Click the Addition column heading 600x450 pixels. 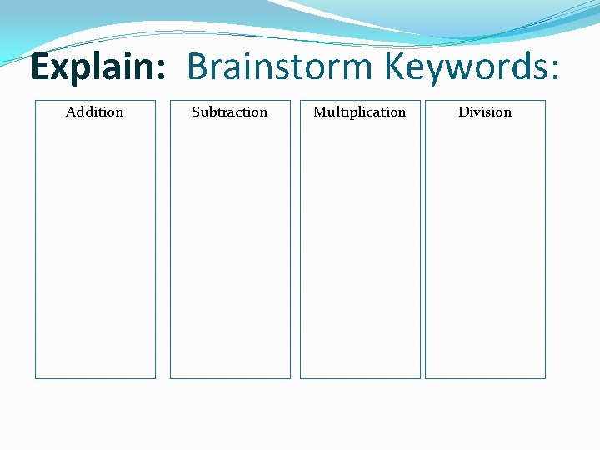click(95, 112)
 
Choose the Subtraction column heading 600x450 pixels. click(230, 112)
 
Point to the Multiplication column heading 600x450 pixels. click(360, 112)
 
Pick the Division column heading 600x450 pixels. click(485, 112)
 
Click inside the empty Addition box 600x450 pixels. click(95, 250)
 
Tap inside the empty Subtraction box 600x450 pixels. click(230, 250)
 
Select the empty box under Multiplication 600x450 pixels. click(360, 250)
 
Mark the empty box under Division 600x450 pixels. click(485, 250)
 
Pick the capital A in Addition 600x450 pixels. click(71, 112)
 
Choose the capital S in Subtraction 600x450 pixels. click(196, 112)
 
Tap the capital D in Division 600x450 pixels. click(463, 112)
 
